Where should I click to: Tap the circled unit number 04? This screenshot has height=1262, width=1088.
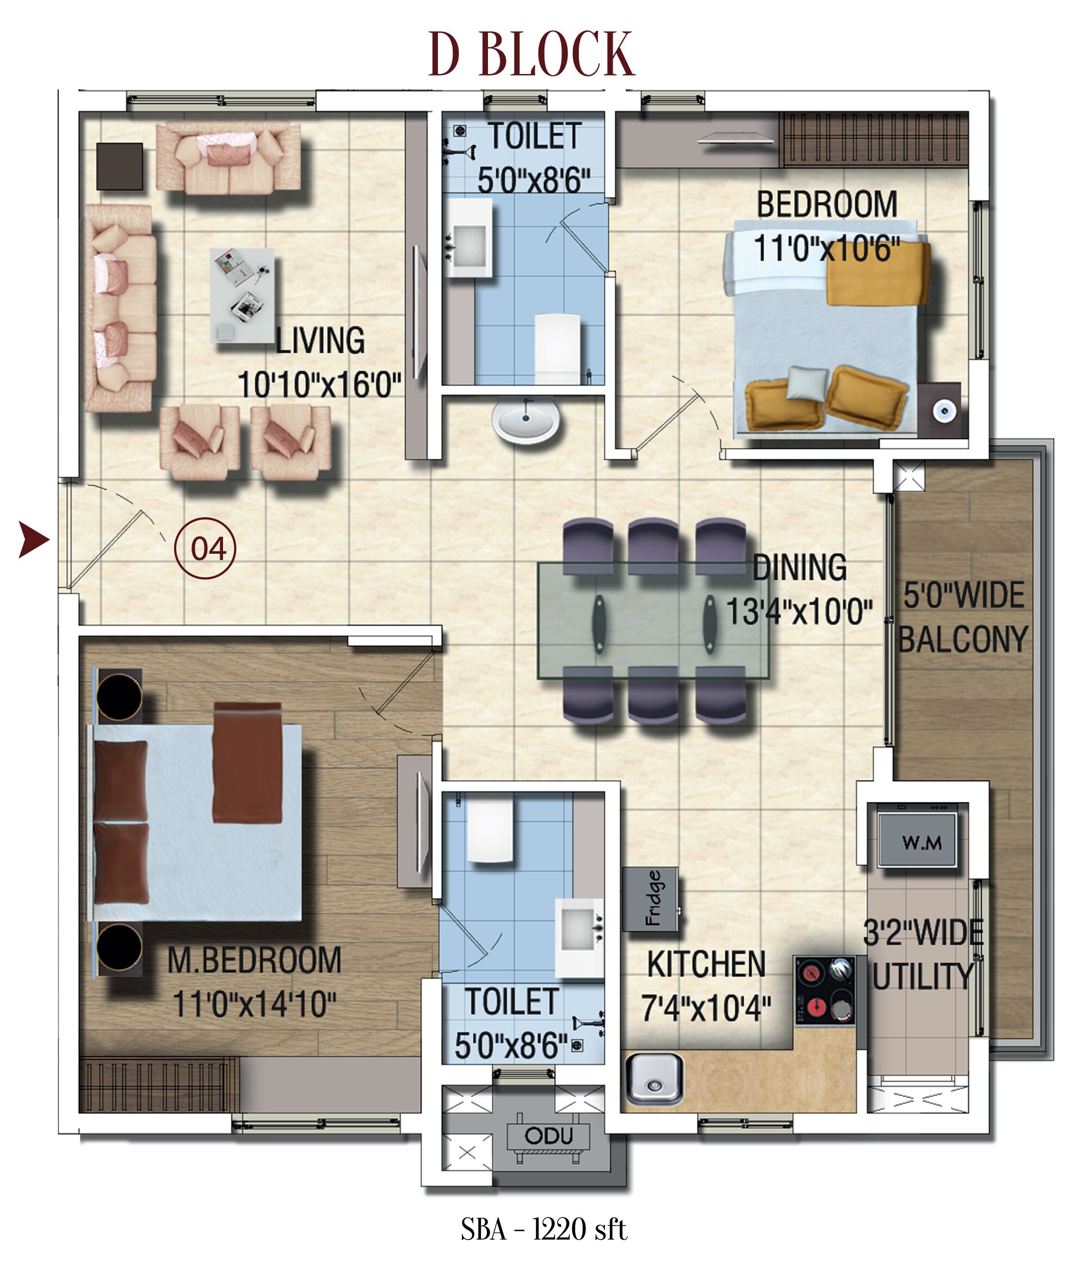click(x=205, y=548)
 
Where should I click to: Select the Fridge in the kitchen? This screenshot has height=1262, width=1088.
click(x=651, y=899)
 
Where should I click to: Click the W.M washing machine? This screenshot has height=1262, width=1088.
click(x=917, y=840)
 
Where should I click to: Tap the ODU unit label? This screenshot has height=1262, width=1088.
click(x=548, y=1135)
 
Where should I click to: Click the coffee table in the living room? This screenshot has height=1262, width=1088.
click(x=243, y=295)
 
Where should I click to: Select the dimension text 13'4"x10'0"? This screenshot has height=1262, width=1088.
click(x=799, y=611)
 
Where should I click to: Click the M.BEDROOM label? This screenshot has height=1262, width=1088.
click(x=254, y=961)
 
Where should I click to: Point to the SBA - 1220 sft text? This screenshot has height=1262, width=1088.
click(x=543, y=1229)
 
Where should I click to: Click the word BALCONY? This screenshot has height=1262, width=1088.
click(x=962, y=639)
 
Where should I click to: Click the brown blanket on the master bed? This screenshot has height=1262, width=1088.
click(x=248, y=763)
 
